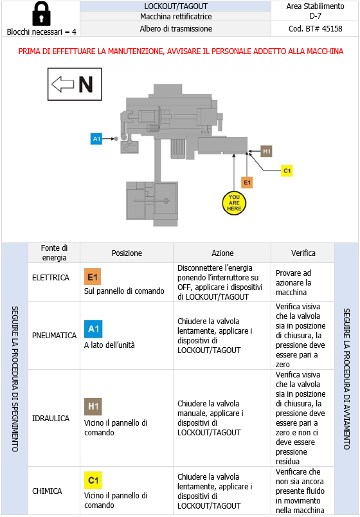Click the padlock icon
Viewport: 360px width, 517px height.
[41, 14]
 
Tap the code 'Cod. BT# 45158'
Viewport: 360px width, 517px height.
[315, 29]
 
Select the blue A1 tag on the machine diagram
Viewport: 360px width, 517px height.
[97, 138]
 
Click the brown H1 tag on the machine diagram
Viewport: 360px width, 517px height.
[267, 151]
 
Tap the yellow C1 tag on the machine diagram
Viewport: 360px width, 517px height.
[287, 170]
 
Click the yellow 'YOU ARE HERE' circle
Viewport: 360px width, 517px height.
[234, 203]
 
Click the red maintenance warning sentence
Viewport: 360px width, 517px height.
[181, 51]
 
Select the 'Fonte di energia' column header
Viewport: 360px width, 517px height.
[54, 253]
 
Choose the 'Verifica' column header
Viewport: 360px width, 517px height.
[303, 253]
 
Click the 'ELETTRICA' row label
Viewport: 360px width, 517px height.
[50, 278]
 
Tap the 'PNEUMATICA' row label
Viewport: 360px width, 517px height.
[54, 335]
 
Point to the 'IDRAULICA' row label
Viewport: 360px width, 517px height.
[50, 418]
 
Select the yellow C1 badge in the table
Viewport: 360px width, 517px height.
[93, 480]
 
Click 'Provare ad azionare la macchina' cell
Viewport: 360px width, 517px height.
[303, 282]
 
